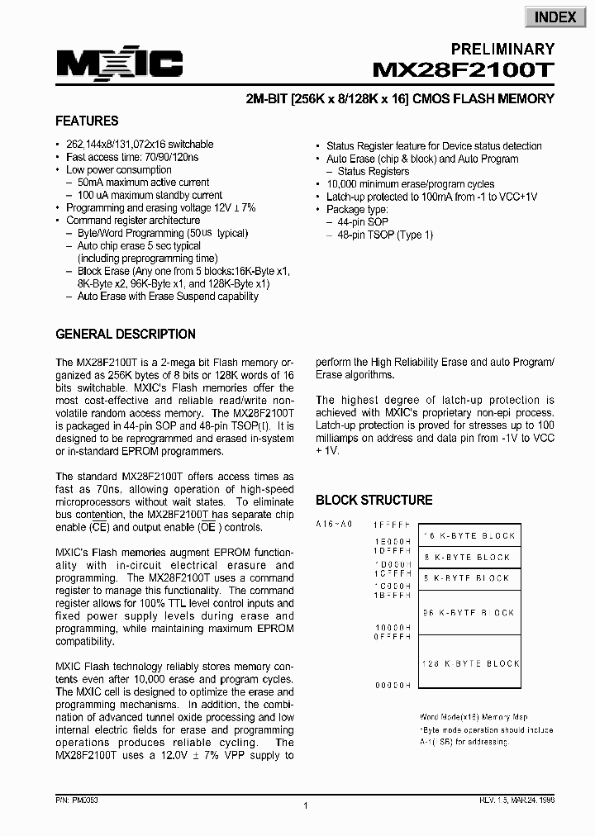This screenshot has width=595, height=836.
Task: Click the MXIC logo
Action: tap(119, 64)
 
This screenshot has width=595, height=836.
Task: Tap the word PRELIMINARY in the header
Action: tap(502, 49)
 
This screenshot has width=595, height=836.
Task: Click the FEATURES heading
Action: tap(87, 121)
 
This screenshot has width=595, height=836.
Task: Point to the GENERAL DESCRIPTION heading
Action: tap(126, 335)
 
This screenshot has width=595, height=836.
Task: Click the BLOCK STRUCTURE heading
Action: tap(374, 500)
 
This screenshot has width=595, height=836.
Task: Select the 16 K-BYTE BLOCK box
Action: tap(469, 536)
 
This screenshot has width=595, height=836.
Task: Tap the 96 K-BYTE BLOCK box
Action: tap(469, 613)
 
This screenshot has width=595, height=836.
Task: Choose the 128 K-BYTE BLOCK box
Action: tap(469, 663)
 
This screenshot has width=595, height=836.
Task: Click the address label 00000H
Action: tap(392, 686)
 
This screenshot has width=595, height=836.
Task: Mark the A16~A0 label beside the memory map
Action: tap(334, 525)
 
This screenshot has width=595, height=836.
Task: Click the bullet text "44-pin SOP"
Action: tap(364, 223)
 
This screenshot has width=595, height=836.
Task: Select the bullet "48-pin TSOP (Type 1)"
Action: tap(385, 235)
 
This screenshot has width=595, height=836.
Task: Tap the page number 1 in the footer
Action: tap(306, 806)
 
